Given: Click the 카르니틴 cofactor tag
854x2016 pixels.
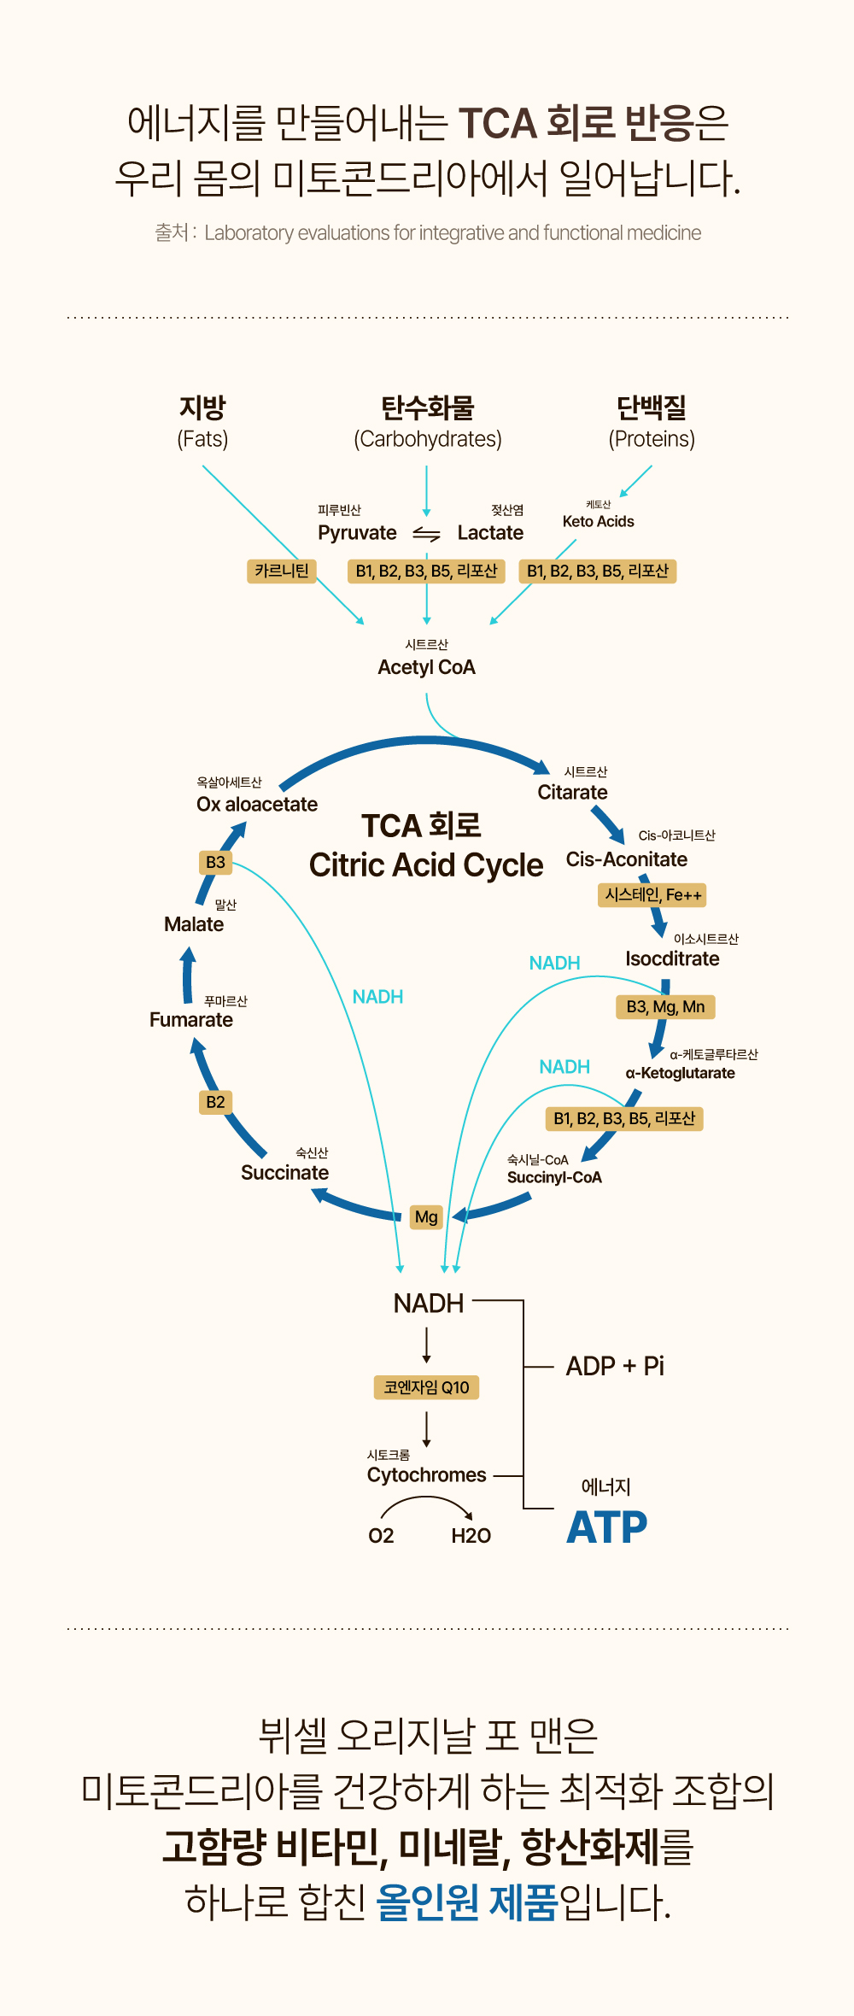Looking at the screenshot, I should (281, 571).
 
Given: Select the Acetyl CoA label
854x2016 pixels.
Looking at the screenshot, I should (426, 667).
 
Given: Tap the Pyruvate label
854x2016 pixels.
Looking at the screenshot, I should (357, 533).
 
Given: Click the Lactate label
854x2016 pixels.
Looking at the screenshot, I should (490, 533).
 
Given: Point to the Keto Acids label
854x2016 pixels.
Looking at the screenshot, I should (598, 521).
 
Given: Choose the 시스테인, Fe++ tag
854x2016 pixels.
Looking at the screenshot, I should (652, 895).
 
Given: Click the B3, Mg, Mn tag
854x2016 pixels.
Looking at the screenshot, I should (665, 1007).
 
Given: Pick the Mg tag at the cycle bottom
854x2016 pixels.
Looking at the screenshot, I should (425, 1217).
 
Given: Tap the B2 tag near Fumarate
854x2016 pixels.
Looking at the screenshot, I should (215, 1102).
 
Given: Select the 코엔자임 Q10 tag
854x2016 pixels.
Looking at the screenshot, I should (426, 1387).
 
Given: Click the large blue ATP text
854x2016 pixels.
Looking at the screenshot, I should (607, 1527).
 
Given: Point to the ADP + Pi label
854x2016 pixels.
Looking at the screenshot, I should (615, 1366).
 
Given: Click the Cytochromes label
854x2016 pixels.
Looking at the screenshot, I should (426, 1475).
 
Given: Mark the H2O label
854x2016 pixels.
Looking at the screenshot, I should (471, 1536).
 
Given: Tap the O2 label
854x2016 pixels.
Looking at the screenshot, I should (381, 1536).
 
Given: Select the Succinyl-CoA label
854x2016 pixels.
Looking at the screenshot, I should (554, 1177).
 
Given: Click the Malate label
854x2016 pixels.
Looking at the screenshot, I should (194, 924).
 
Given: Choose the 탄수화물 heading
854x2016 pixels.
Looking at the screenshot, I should (427, 408).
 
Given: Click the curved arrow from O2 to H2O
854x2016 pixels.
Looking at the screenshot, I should (425, 1501).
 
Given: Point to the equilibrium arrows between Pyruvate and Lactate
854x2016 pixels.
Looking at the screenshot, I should (426, 534).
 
